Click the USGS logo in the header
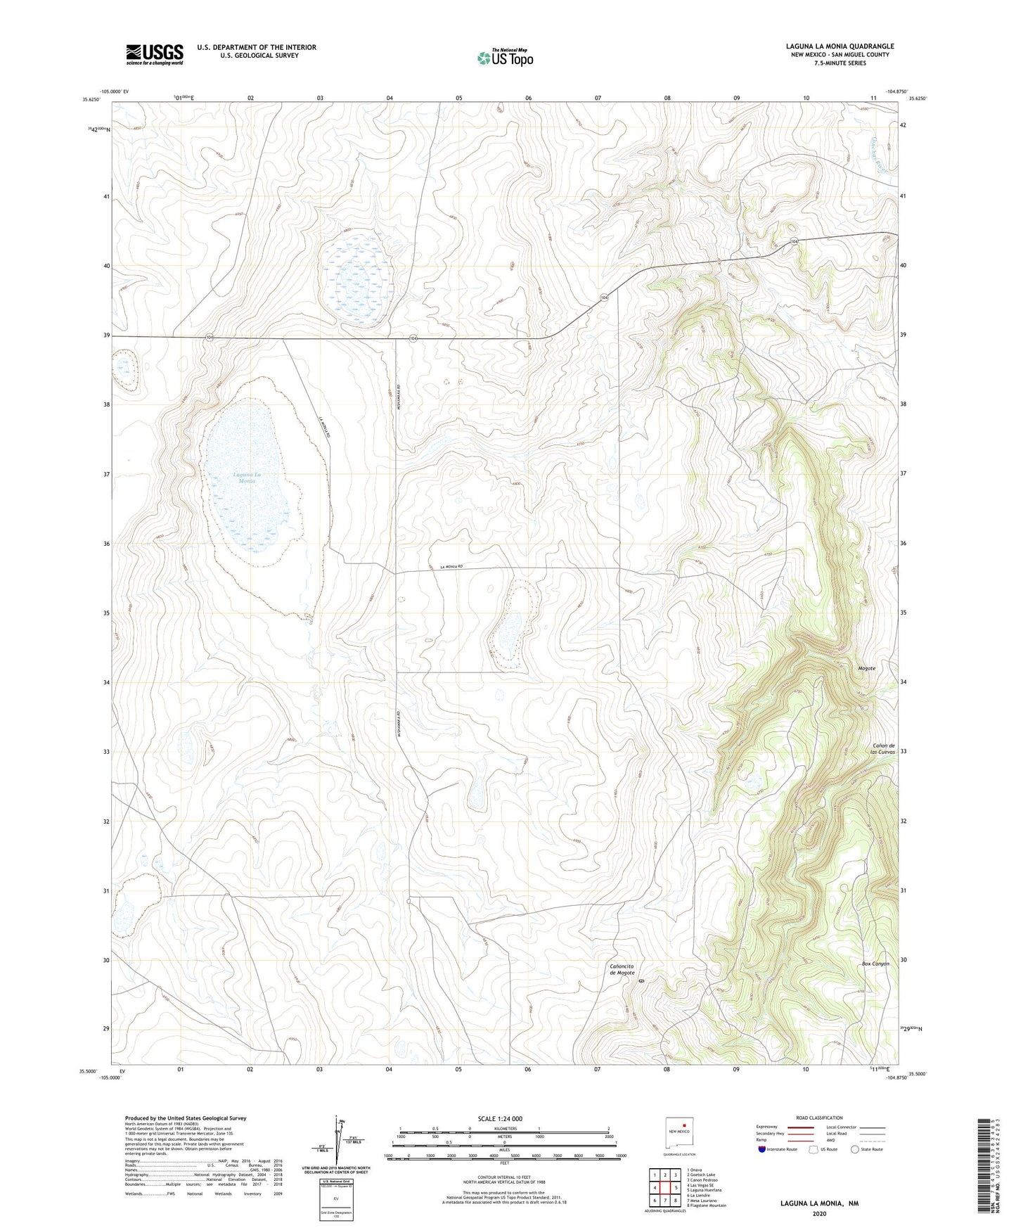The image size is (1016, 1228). click(155, 54)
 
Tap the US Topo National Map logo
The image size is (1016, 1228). click(505, 57)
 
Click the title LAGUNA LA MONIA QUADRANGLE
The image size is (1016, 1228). click(840, 46)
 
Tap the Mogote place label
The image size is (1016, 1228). click(866, 668)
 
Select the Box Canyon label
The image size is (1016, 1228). click(875, 964)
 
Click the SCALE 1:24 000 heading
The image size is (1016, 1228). click(499, 1118)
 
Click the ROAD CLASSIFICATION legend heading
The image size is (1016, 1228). click(819, 1118)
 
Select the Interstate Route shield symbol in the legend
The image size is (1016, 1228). click(763, 1149)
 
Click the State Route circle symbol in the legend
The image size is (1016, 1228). click(856, 1149)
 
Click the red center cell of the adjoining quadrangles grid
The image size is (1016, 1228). click(664, 1188)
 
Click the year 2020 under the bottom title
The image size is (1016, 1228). click(819, 1213)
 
